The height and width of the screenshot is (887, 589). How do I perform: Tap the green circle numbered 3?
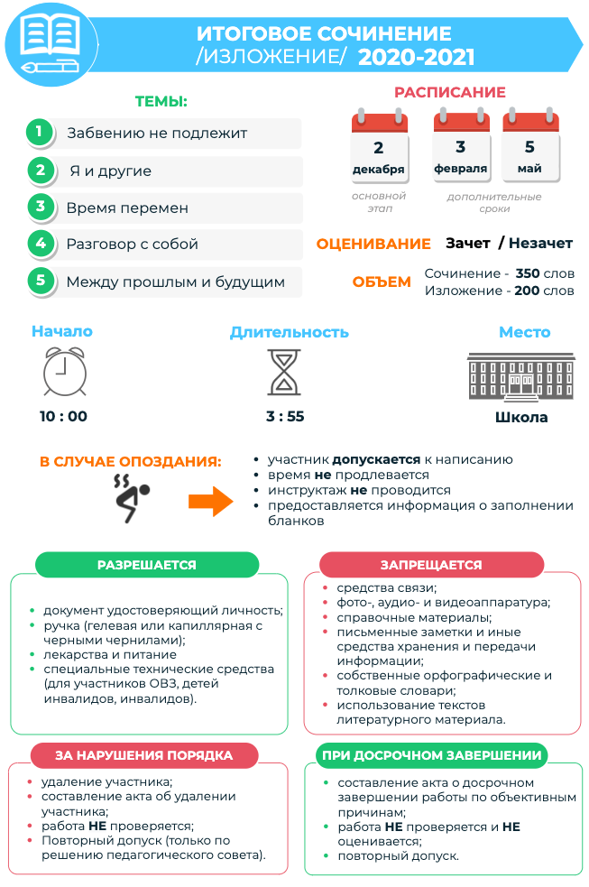pyautogui.click(x=40, y=207)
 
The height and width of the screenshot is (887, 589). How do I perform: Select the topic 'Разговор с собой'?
pyautogui.click(x=132, y=244)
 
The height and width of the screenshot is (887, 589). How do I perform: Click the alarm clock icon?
pyautogui.click(x=64, y=372)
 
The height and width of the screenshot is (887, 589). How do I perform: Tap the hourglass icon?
pyautogui.click(x=285, y=372)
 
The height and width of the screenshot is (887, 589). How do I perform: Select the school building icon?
pyautogui.click(x=521, y=374)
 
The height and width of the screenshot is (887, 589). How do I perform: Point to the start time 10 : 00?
pyautogui.click(x=64, y=417)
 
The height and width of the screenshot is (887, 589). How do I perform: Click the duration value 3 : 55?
pyautogui.click(x=285, y=417)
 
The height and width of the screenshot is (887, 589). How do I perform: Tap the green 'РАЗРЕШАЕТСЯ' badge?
pyautogui.click(x=147, y=565)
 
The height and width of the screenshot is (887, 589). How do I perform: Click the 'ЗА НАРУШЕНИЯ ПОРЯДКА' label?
pyautogui.click(x=144, y=755)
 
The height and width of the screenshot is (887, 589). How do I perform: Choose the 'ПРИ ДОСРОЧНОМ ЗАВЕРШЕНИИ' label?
pyautogui.click(x=431, y=755)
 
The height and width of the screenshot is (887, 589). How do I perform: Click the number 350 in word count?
pyautogui.click(x=528, y=273)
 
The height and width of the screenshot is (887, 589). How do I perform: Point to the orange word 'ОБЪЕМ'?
pyautogui.click(x=382, y=282)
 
